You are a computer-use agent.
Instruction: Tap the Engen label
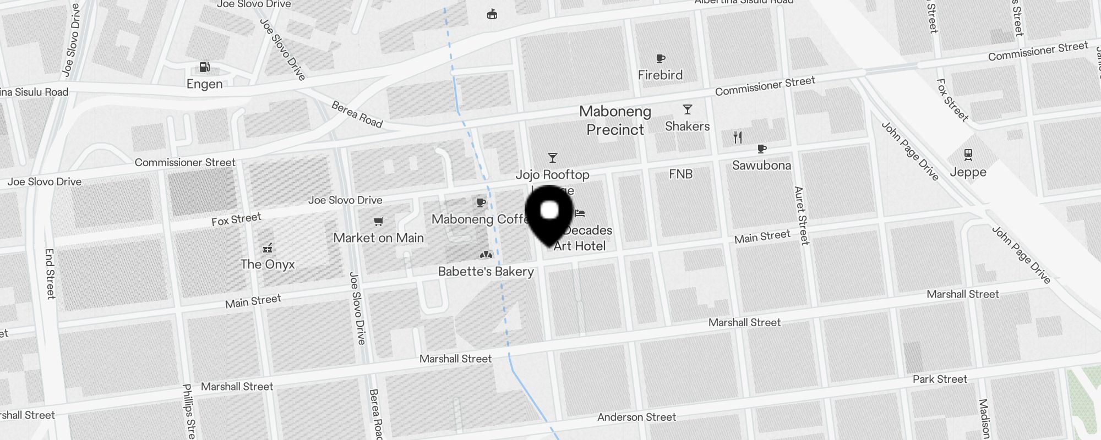click(205, 84)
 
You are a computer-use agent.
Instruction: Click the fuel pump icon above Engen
click(204, 67)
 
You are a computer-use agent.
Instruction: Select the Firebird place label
click(660, 75)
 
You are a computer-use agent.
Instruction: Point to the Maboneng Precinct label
click(615, 120)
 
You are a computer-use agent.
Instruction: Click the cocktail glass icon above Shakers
click(687, 109)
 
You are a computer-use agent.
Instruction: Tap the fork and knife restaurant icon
click(738, 137)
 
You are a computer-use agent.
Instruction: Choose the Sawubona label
click(761, 165)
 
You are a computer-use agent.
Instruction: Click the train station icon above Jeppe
click(968, 155)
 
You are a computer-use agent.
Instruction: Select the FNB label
click(680, 174)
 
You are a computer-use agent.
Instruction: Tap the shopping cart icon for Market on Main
click(378, 222)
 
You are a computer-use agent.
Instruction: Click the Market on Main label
click(379, 238)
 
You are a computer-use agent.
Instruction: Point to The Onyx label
click(268, 265)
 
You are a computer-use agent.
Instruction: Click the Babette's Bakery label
click(486, 272)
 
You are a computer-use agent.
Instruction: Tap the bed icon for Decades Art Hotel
click(580, 213)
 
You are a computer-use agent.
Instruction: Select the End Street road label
click(50, 273)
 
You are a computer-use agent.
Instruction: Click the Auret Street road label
click(802, 215)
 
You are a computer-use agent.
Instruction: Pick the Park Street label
click(940, 380)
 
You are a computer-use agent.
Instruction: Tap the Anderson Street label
click(636, 417)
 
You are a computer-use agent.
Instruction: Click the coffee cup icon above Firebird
click(661, 58)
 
